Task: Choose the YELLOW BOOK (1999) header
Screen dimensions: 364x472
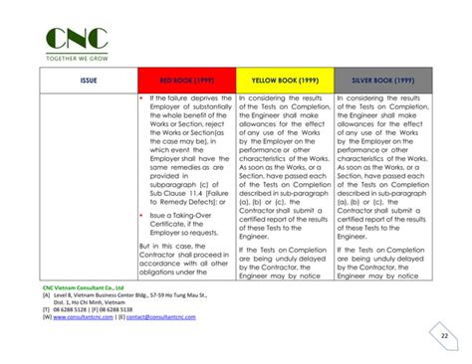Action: tap(284, 80)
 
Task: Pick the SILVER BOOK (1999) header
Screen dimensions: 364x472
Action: tap(384, 80)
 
